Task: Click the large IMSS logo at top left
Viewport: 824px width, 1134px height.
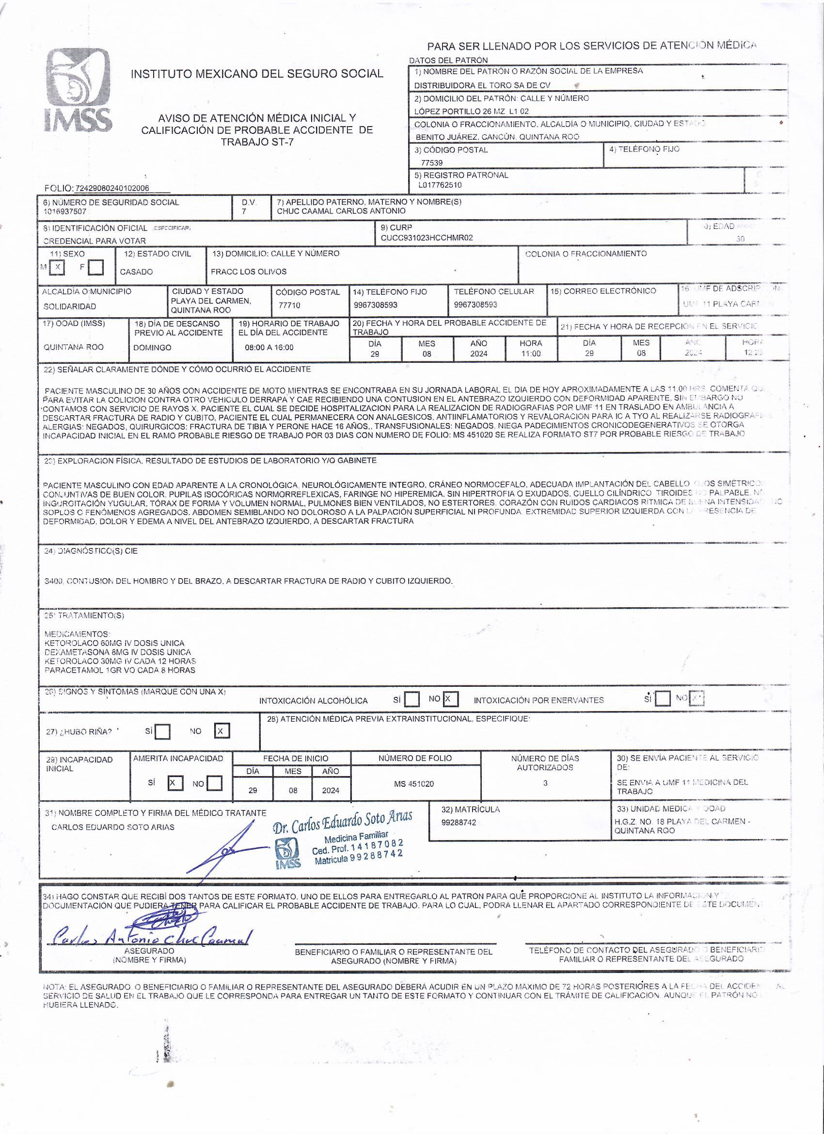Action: coord(79,91)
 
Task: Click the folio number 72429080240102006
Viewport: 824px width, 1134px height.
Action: coord(112,189)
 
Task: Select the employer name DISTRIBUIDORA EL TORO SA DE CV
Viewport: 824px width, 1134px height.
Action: coord(482,85)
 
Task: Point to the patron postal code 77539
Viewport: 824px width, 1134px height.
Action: coord(432,162)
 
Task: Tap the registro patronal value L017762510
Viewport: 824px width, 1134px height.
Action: coord(440,185)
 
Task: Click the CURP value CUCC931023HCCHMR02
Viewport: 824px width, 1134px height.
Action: coord(426,238)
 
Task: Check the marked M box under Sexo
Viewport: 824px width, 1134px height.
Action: coord(58,267)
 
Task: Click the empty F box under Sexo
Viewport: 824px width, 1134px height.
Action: coord(95,268)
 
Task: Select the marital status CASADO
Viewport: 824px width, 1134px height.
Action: coord(136,272)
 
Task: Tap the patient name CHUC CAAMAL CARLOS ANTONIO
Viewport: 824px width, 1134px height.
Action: coord(341,211)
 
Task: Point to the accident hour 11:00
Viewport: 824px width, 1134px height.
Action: coord(530,354)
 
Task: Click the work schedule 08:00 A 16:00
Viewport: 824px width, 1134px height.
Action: coord(269,347)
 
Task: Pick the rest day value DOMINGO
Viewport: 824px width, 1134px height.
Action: coord(152,347)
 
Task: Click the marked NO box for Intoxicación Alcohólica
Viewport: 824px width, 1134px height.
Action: coord(450,699)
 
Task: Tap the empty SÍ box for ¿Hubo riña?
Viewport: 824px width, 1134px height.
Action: coord(162,732)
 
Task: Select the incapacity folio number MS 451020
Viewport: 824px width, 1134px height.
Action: coord(414,784)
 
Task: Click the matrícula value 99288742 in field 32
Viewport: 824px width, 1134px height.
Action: coord(459,822)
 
